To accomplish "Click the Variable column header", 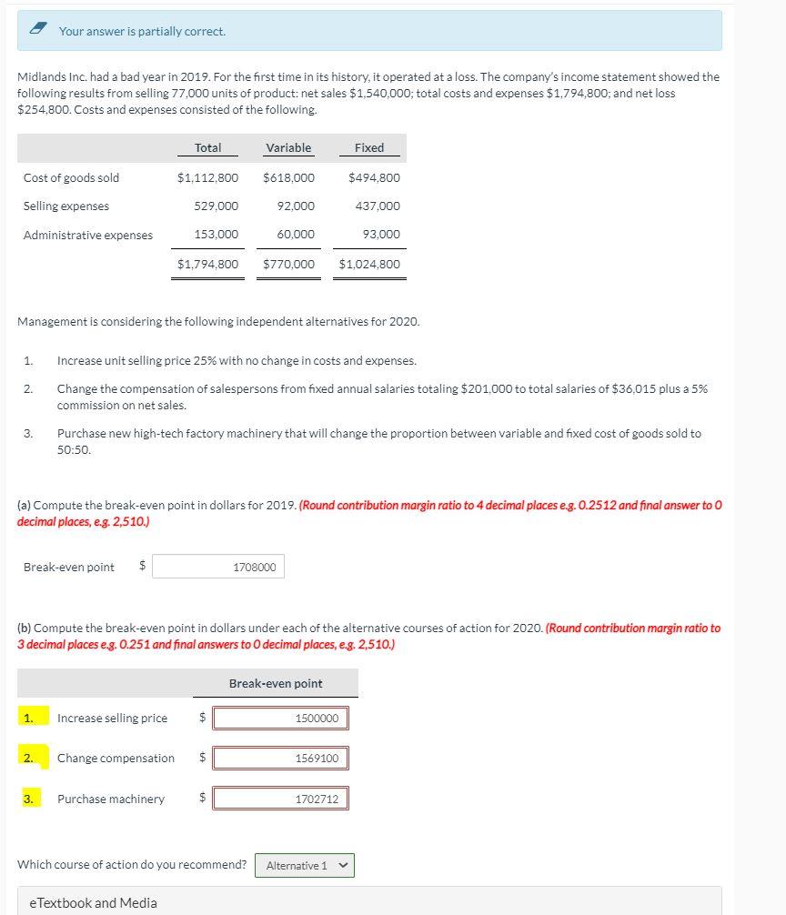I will pyautogui.click(x=288, y=147).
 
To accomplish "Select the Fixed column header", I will pyautogui.click(x=368, y=147).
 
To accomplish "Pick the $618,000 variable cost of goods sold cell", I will pyautogui.click(x=288, y=177).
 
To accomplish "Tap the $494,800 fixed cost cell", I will pyautogui.click(x=374, y=177).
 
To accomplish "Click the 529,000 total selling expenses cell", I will pyautogui.click(x=217, y=206).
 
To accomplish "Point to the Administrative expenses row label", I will pyautogui.click(x=88, y=236).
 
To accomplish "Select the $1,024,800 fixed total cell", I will pyautogui.click(x=369, y=265).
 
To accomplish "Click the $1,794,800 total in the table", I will pyautogui.click(x=208, y=265).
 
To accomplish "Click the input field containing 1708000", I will pyautogui.click(x=218, y=567).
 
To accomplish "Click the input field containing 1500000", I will pyautogui.click(x=280, y=719).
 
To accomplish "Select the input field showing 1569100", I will pyautogui.click(x=280, y=759).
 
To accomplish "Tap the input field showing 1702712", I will pyautogui.click(x=280, y=799).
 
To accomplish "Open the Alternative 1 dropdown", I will pyautogui.click(x=305, y=866).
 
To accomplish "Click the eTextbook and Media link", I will pyautogui.click(x=93, y=902).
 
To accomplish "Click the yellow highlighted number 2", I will pyautogui.click(x=30, y=758).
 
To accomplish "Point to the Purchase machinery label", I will pyautogui.click(x=111, y=799).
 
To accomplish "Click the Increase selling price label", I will pyautogui.click(x=112, y=719).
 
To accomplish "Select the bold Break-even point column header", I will pyautogui.click(x=276, y=683).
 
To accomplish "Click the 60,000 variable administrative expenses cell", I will pyautogui.click(x=296, y=236).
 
